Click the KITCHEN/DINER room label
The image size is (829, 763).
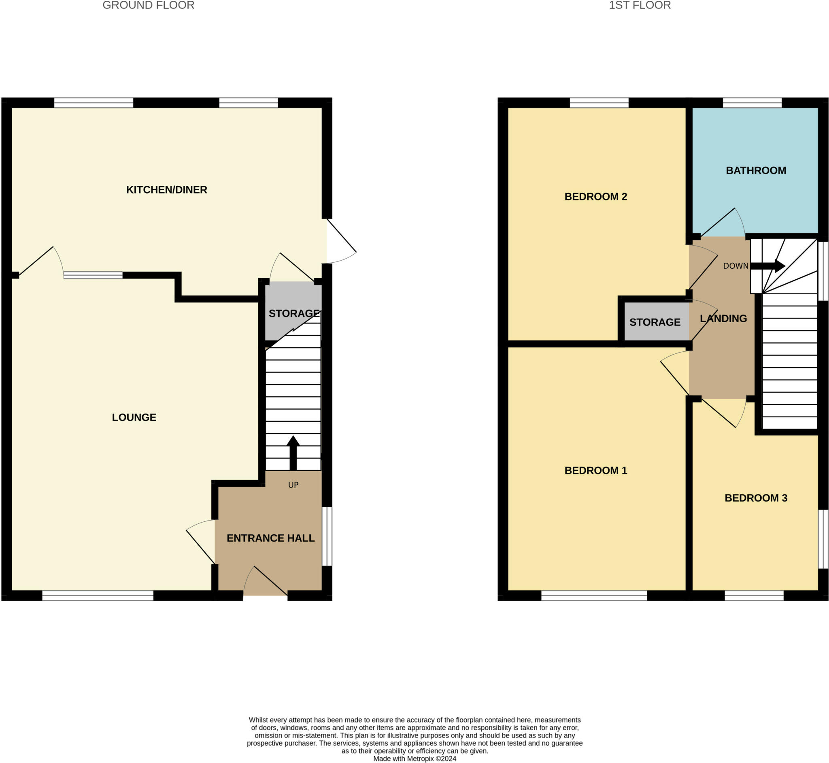coord(166,190)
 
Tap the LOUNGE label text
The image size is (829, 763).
coord(134,417)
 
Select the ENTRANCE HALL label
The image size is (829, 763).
coord(270,538)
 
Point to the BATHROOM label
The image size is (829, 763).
coord(755,170)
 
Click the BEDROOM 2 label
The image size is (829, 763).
coord(595,197)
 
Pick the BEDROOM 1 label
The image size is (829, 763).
coord(595,470)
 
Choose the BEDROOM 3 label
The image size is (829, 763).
coord(755,498)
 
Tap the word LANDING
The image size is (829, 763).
coord(723,318)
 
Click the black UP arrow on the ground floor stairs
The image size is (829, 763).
coord(293,453)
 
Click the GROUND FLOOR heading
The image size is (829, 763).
coord(148,5)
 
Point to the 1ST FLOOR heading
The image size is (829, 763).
coord(640,5)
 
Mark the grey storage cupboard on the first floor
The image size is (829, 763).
coord(656,322)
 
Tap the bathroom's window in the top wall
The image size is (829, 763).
coord(752,102)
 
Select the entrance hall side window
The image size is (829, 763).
coord(327,536)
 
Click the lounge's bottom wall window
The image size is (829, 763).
coord(98,595)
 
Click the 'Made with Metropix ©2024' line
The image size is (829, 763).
coord(414,759)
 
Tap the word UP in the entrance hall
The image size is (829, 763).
coord(293,485)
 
